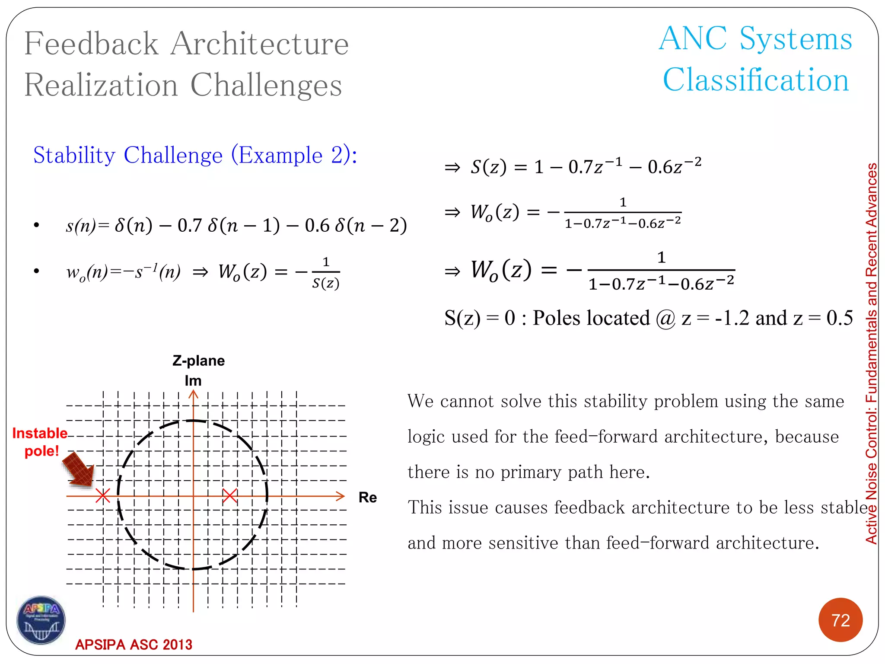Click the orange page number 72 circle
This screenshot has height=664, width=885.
pyautogui.click(x=840, y=620)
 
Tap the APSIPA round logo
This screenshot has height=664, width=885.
pyautogui.click(x=41, y=620)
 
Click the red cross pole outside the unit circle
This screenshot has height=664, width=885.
pyautogui.click(x=102, y=496)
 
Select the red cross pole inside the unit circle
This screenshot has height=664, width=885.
pyautogui.click(x=230, y=496)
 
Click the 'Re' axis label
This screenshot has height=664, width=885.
pyautogui.click(x=367, y=498)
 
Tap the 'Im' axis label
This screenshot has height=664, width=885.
pyautogui.click(x=193, y=381)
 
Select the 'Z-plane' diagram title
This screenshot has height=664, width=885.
pyautogui.click(x=198, y=361)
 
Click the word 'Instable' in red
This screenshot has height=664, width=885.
pyautogui.click(x=40, y=433)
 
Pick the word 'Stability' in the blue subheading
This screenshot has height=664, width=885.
pyautogui.click(x=74, y=155)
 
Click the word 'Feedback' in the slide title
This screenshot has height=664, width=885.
pyautogui.click(x=92, y=44)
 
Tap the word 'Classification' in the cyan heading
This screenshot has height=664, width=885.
pyautogui.click(x=756, y=80)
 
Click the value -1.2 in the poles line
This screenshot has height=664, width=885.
pyautogui.click(x=732, y=318)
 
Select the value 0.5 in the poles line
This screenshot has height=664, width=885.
pyautogui.click(x=839, y=318)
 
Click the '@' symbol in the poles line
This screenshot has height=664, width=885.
pyautogui.click(x=665, y=319)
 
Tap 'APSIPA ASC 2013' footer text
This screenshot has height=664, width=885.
pyautogui.click(x=134, y=645)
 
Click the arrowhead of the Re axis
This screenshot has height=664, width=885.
pyautogui.click(x=341, y=496)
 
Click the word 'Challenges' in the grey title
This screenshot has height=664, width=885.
pyautogui.click(x=266, y=85)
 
